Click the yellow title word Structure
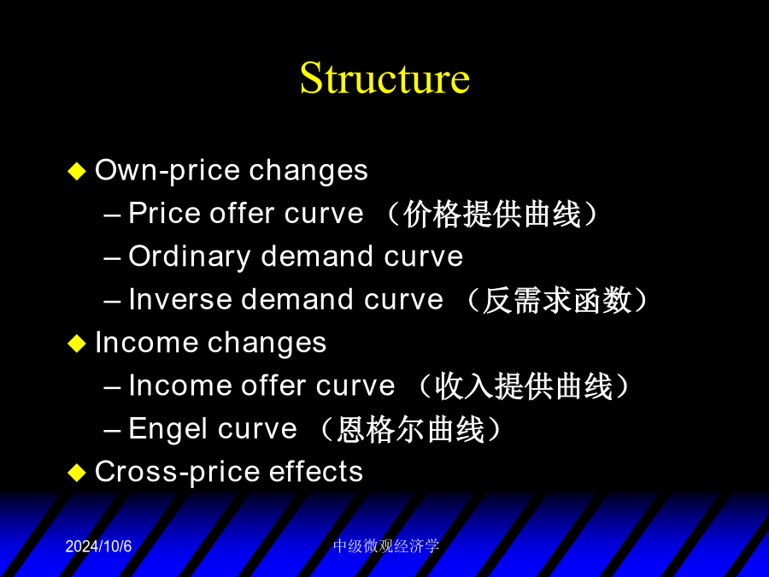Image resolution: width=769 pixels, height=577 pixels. tap(384, 78)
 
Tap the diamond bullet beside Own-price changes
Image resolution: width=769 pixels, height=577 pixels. tap(77, 171)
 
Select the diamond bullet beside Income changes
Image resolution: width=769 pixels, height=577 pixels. tap(77, 344)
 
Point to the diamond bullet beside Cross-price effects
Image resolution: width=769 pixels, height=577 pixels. tap(77, 473)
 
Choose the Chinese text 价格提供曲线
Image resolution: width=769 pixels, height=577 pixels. tap(492, 214)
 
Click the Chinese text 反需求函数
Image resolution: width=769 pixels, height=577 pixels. tap(557, 300)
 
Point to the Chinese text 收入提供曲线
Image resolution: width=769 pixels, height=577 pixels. tap(524, 386)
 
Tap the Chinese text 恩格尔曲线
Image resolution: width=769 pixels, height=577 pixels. tap(411, 430)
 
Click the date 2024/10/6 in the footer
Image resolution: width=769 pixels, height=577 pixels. tap(98, 546)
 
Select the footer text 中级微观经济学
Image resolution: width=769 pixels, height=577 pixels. tap(386, 546)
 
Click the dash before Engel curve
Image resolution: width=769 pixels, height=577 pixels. tap(112, 431)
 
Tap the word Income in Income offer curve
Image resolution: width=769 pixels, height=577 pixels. tap(180, 386)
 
